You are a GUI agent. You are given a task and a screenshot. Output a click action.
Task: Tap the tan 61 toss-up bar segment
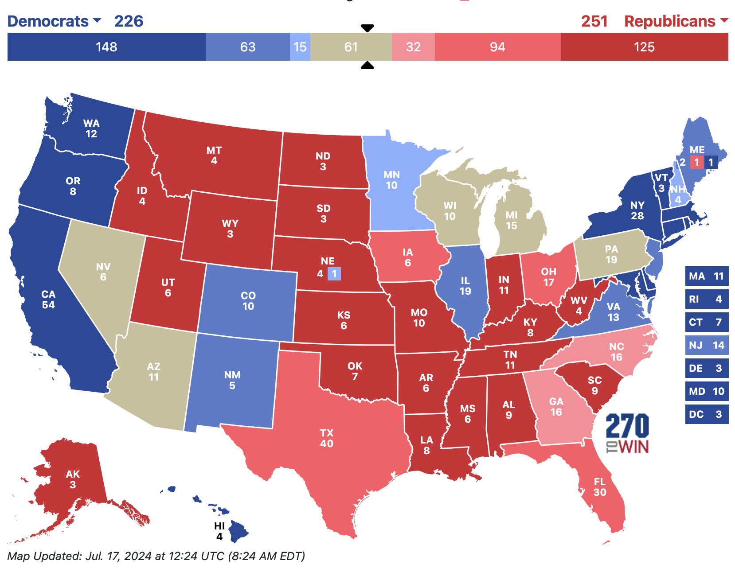tap(351, 47)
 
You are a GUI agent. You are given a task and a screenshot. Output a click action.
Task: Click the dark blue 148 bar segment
tap(106, 47)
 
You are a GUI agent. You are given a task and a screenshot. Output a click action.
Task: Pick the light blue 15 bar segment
tap(300, 47)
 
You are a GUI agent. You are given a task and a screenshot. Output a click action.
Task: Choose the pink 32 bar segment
tap(413, 47)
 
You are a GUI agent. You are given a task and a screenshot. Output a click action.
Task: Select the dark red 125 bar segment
tap(644, 47)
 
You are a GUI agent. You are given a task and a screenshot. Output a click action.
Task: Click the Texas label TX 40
tap(327, 438)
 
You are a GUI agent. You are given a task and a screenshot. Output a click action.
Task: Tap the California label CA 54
tap(48, 300)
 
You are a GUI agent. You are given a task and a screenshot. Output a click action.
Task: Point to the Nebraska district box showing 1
tap(334, 274)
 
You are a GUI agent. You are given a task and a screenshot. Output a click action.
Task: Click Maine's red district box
tap(696, 162)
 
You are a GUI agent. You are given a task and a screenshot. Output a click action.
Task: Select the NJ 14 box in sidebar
tap(707, 345)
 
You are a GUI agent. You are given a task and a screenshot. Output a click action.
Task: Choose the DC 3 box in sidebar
tap(707, 414)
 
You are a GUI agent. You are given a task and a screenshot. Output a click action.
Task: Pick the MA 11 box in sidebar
tap(707, 276)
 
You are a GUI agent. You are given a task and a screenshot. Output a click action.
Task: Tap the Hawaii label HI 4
tap(219, 531)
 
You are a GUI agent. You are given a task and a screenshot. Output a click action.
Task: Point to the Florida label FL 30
tap(600, 486)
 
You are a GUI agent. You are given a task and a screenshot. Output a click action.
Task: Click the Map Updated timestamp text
tap(156, 556)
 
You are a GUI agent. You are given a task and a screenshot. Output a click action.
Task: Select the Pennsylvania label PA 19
tap(611, 254)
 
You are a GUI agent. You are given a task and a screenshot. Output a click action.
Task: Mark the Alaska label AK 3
tap(73, 479)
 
